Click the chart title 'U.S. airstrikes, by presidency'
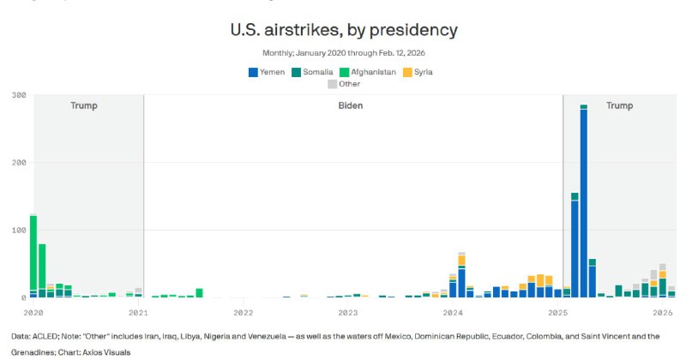[343, 30]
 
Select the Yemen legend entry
[268, 72]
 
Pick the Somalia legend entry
[312, 72]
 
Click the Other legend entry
[344, 84]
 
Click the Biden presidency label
[349, 105]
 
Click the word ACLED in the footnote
[49, 336]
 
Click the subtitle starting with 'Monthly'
[343, 52]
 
